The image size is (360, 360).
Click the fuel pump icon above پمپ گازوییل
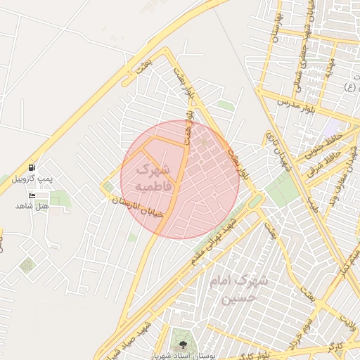(32, 167)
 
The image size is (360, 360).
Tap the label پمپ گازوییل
(32, 179)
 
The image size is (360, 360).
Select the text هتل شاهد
(32, 206)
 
